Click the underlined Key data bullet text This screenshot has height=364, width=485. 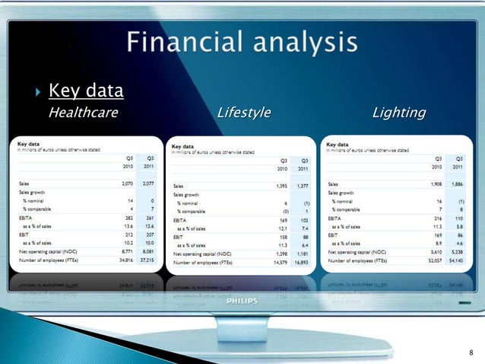[x=86, y=93]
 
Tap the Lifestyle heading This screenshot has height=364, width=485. [x=243, y=113]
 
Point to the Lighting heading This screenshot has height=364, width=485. [x=398, y=113]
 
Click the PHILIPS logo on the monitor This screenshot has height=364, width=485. [x=242, y=301]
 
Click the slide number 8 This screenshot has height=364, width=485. [x=471, y=352]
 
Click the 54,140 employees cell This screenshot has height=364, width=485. [x=457, y=259]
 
